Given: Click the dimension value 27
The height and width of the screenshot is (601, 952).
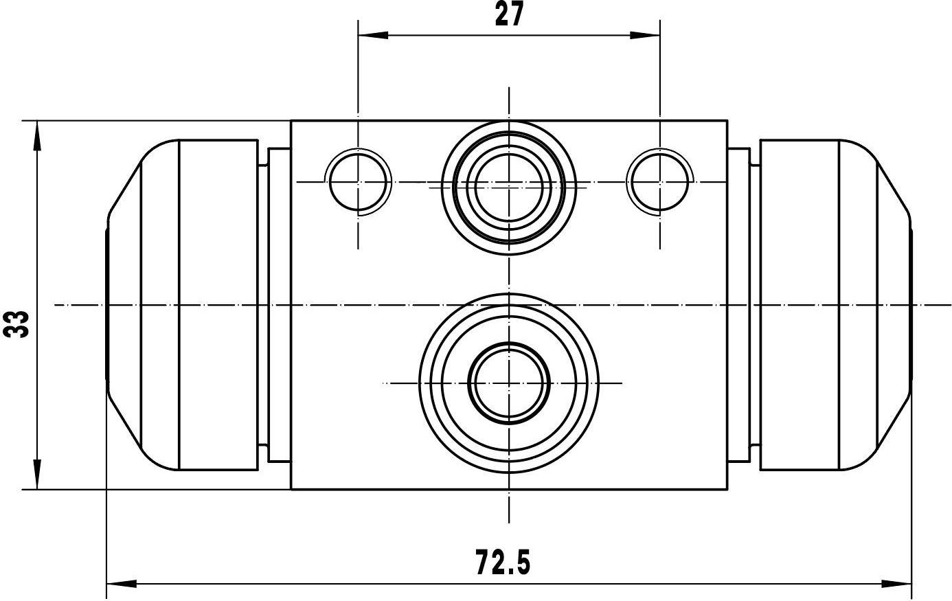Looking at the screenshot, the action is (x=509, y=14).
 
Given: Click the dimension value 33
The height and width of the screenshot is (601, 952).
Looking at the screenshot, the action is (x=16, y=324).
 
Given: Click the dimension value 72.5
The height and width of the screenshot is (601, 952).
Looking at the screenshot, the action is (x=503, y=562).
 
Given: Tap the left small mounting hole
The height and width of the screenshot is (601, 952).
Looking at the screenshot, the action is (x=359, y=182).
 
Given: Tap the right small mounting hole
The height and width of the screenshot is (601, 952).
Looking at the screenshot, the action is (x=659, y=182).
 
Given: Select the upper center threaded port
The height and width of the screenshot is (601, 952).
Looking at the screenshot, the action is (x=509, y=188).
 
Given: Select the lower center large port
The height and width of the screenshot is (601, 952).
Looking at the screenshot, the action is (x=509, y=383).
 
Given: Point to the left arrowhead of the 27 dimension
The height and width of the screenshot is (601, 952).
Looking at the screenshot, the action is (x=373, y=35).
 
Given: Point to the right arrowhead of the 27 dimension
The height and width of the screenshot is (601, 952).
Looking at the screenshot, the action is (x=645, y=35).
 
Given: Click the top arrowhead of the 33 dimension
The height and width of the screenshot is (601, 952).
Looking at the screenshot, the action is (x=37, y=136).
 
